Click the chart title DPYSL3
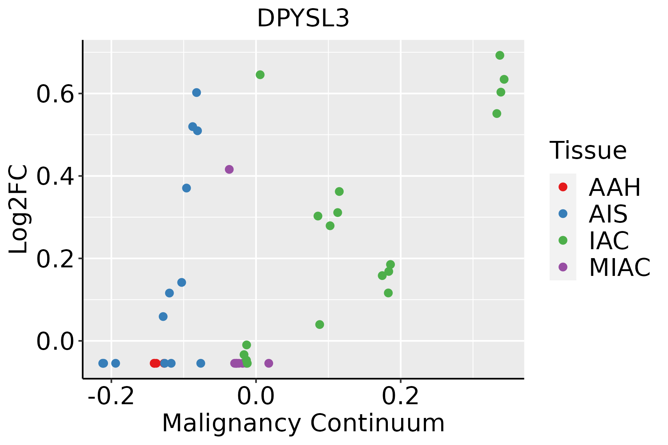[303, 19]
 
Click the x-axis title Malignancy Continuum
[303, 423]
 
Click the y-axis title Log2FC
[19, 209]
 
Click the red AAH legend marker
[563, 187]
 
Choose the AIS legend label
[608, 214]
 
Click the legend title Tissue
[588, 151]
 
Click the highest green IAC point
[500, 56]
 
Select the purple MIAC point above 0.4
[229, 169]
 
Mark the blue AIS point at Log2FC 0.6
[197, 93]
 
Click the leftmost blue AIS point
[103, 363]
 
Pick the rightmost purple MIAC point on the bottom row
[269, 363]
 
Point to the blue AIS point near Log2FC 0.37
[187, 188]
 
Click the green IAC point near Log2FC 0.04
[320, 325]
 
